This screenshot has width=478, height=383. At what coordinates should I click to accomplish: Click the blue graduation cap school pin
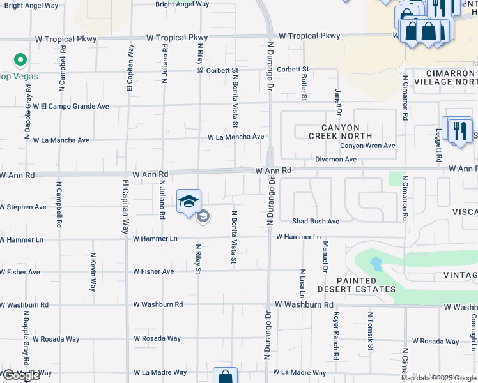188,202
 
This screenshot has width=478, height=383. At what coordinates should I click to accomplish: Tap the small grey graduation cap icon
203,217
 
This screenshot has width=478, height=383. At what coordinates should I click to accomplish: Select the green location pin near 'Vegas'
20,61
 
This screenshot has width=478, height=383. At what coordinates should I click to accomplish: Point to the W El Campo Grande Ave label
71,106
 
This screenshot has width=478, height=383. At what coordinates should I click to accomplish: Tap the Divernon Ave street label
335,159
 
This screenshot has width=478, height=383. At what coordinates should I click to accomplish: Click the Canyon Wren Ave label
367,146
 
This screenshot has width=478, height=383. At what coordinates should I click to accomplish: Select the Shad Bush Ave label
316,222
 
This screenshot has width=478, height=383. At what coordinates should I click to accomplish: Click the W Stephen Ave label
23,207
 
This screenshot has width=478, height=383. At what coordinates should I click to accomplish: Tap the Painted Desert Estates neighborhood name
357,285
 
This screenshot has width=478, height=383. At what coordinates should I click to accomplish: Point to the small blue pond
375,264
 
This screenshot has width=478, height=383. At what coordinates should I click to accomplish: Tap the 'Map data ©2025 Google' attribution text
438,378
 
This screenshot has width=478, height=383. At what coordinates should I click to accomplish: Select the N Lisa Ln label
302,283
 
